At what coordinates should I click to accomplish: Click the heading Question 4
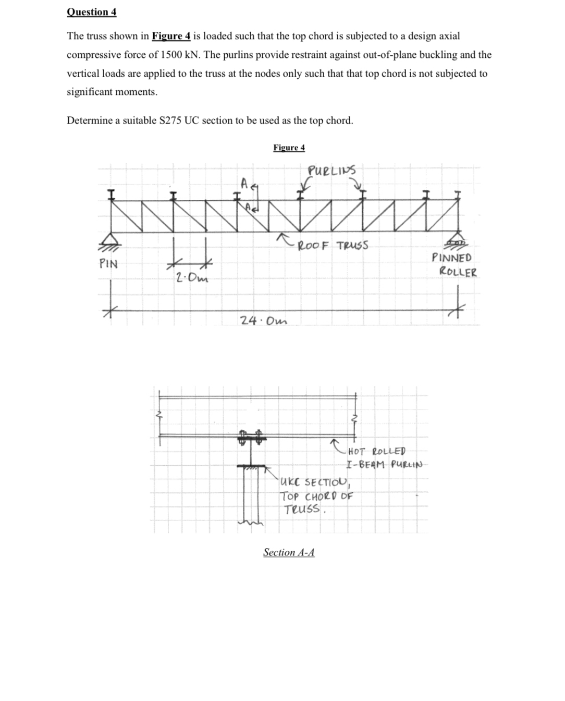(92, 12)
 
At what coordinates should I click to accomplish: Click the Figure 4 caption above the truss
(289, 148)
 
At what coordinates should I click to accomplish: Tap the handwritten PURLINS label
(331, 171)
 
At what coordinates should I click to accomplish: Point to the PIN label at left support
(108, 264)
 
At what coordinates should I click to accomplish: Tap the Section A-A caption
(289, 552)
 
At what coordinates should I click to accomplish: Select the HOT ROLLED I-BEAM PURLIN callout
(383, 458)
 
